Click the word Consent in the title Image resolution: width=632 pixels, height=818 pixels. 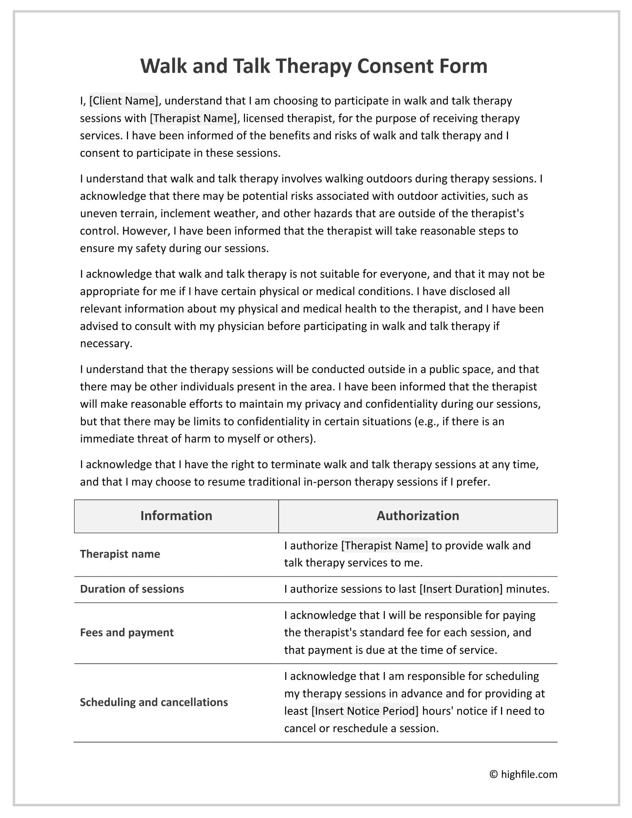(395, 66)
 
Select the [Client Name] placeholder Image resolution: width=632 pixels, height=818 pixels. (124, 101)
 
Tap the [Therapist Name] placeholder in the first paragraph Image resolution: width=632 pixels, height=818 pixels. (193, 118)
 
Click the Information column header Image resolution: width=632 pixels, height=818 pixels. (176, 516)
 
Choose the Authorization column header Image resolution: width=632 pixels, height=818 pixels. (418, 516)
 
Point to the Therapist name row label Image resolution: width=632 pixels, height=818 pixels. (120, 554)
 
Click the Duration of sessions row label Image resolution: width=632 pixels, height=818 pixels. (132, 589)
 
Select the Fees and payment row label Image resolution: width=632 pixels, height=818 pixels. (127, 633)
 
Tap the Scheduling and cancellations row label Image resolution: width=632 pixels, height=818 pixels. (154, 702)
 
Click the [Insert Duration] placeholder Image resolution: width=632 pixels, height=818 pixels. (461, 589)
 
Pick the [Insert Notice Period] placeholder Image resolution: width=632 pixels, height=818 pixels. (365, 711)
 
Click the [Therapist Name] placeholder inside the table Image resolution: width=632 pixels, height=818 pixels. (384, 545)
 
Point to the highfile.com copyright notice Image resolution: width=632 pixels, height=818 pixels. (523, 774)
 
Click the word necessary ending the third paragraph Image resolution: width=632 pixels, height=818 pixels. (106, 343)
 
